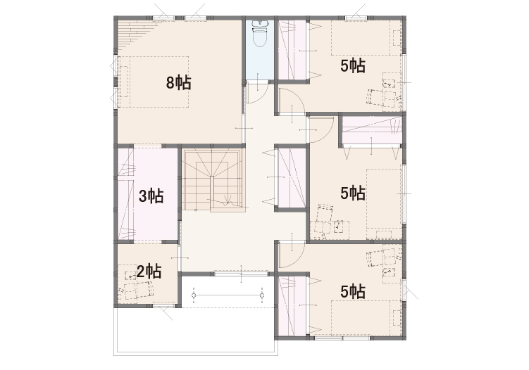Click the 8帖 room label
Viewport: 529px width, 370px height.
[178, 82]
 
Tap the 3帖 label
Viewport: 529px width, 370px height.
[151, 196]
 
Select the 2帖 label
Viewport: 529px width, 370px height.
[149, 272]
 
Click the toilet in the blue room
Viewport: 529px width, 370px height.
[260, 34]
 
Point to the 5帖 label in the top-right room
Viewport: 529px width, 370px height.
[353, 65]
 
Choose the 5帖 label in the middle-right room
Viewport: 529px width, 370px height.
[353, 193]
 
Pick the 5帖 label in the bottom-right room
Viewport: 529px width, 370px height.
[353, 291]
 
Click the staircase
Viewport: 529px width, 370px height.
[212, 180]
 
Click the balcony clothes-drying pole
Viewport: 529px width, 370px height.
[228, 295]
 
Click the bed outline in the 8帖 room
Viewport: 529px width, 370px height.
[153, 82]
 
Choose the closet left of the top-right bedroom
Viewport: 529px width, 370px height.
[292, 50]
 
